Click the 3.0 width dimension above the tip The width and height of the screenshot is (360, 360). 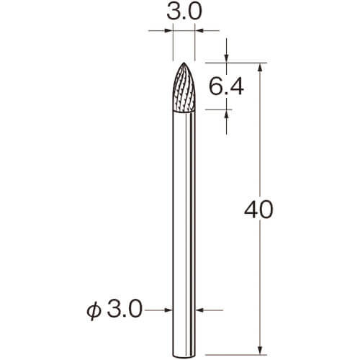pos(184,12)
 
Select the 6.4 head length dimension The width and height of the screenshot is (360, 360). pos(226,86)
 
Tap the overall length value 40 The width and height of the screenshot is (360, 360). pos(258,210)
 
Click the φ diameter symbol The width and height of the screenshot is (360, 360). pos(93,311)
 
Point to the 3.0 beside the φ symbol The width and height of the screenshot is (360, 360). pos(125,310)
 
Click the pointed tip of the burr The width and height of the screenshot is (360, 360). pos(184,63)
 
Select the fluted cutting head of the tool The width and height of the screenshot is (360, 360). pos(184,87)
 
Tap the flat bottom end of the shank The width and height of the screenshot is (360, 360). pos(184,356)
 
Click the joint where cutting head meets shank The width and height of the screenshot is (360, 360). pos(184,112)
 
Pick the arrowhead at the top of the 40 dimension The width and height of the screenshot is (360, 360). pos(260,67)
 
